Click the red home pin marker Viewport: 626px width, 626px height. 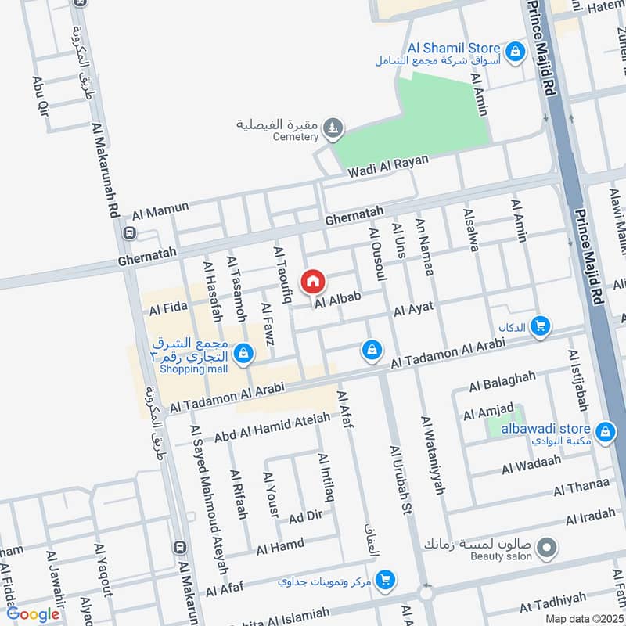click(x=313, y=281)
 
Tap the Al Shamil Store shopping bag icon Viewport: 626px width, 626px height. click(x=515, y=52)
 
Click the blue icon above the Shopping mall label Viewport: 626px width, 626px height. click(x=245, y=354)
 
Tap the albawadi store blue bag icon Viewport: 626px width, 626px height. click(x=604, y=430)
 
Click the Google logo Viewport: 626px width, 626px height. click(x=33, y=614)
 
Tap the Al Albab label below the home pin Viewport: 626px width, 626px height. click(x=338, y=298)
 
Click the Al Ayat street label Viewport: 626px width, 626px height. click(x=414, y=311)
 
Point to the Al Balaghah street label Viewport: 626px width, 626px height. click(x=502, y=382)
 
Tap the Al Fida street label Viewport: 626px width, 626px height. click(x=164, y=311)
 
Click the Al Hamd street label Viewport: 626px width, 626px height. click(x=279, y=546)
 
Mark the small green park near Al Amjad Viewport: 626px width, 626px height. click(x=503, y=426)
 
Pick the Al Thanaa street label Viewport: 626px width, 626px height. click(x=581, y=487)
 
